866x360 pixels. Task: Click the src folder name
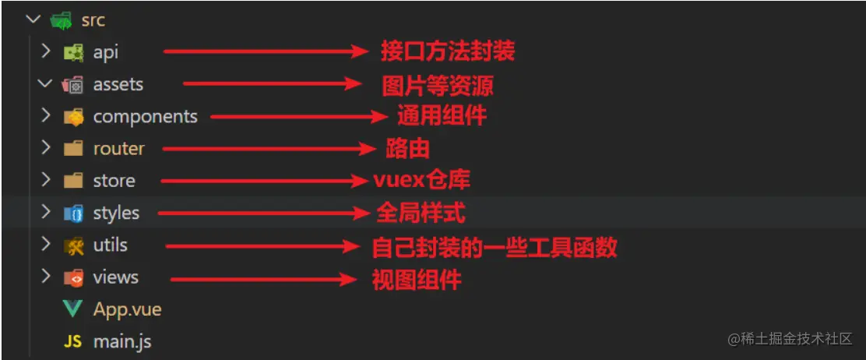93,20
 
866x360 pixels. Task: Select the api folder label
105,53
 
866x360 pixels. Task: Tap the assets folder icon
73,85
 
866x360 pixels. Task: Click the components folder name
146,117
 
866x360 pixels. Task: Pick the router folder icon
73,149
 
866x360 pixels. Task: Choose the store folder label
114,181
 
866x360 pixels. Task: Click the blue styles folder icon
73,214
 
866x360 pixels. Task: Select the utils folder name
111,245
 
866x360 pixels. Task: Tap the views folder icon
73,277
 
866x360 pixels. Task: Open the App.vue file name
128,309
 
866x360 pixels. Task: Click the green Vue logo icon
73,309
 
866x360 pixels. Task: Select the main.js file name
122,341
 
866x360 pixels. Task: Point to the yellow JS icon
73,341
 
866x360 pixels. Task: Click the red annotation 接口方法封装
448,51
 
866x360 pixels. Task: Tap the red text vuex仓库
422,180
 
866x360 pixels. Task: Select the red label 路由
407,149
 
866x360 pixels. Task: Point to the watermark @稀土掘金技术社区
790,339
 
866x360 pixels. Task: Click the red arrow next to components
299,117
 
